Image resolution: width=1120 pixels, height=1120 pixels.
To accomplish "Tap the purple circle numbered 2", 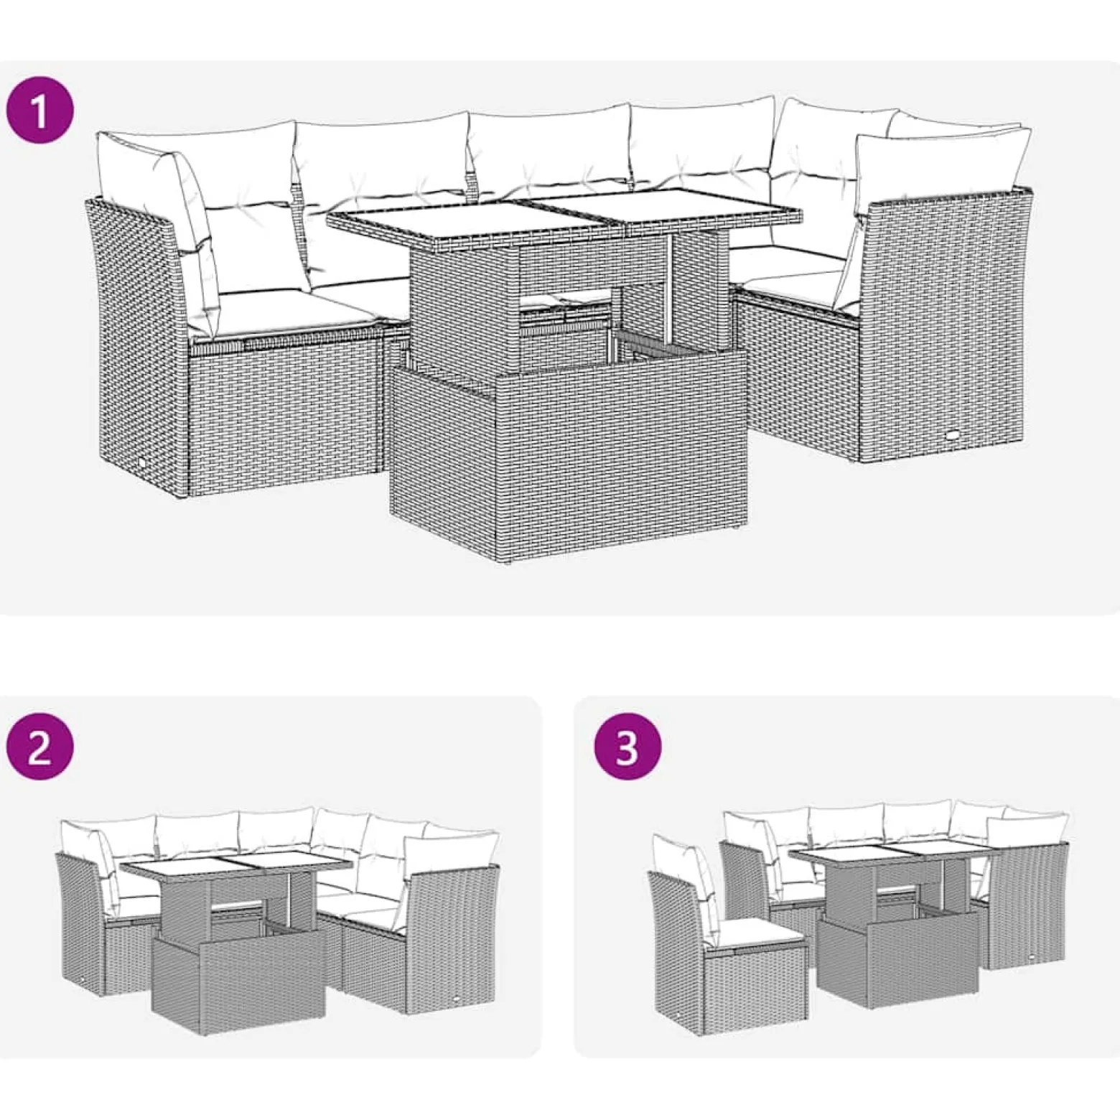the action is click(x=39, y=749).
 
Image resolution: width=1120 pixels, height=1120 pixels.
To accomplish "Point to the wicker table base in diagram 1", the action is click(x=567, y=459).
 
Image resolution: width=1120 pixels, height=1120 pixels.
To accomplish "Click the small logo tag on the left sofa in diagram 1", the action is click(x=141, y=464).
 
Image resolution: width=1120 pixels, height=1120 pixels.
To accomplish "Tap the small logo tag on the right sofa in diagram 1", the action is click(x=954, y=434).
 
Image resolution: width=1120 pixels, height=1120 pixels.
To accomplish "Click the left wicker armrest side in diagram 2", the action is click(x=83, y=926).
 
